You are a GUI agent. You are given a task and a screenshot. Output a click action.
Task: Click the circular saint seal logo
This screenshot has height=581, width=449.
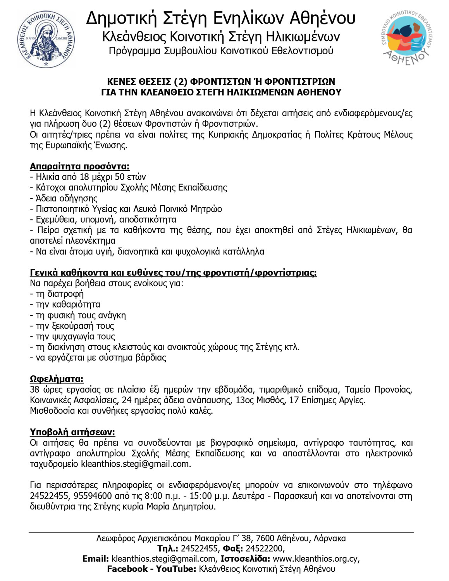[x=46, y=39]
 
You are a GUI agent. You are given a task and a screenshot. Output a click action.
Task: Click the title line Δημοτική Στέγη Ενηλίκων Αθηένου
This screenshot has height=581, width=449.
[x=220, y=18]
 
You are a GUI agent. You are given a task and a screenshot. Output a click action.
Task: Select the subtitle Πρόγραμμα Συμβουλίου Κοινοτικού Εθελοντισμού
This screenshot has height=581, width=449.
[x=221, y=51]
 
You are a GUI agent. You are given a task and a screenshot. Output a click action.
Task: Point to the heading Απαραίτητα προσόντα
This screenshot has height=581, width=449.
[x=79, y=167]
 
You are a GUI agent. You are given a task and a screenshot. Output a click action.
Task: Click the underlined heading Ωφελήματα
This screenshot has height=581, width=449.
[x=57, y=379]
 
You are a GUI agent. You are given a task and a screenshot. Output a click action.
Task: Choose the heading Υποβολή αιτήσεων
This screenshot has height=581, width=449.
[x=72, y=432]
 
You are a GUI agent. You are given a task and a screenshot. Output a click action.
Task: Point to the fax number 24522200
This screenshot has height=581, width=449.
[x=265, y=548]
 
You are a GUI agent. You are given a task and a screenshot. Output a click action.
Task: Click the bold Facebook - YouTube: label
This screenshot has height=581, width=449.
[x=151, y=569]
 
